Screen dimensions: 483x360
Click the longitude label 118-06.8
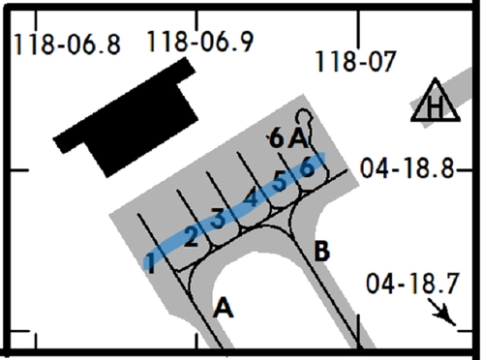[68, 45]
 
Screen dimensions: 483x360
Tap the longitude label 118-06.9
[200, 42]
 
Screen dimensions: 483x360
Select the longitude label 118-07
[355, 62]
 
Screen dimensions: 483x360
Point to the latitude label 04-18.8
[408, 168]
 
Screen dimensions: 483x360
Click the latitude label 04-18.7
[412, 284]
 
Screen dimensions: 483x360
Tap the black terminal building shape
[126, 117]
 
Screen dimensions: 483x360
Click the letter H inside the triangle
[435, 106]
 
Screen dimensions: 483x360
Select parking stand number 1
[150, 263]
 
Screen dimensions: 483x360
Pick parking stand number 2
[191, 238]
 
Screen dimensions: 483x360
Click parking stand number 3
[218, 219]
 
